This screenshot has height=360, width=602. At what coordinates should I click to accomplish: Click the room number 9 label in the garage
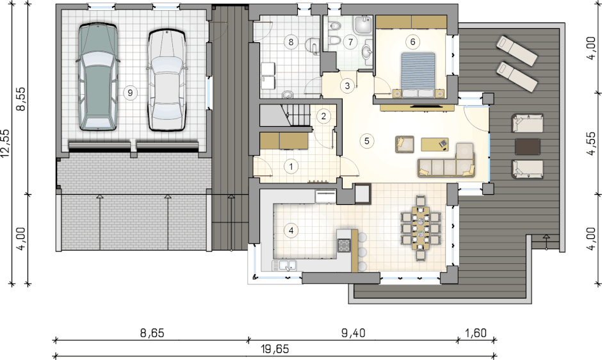pyautogui.click(x=130, y=93)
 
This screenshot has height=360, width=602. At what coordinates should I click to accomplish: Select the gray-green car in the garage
pyautogui.click(x=97, y=76)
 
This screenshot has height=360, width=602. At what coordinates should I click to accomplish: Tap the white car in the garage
pyautogui.click(x=167, y=80)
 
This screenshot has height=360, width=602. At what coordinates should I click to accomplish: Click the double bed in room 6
pyautogui.click(x=418, y=75)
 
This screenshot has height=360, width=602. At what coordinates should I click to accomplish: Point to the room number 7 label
pyautogui.click(x=350, y=42)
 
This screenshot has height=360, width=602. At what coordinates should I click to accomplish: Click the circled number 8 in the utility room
pyautogui.click(x=291, y=42)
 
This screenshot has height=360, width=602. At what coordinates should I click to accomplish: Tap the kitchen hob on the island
pyautogui.click(x=344, y=245)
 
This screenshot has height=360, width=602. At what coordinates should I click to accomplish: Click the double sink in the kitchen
pyautogui.click(x=284, y=265)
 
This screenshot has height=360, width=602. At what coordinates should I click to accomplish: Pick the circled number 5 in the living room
pyautogui.click(x=367, y=141)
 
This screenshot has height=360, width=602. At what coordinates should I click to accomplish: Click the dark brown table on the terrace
pyautogui.click(x=528, y=147)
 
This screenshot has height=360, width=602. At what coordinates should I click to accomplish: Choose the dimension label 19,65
pyautogui.click(x=275, y=349)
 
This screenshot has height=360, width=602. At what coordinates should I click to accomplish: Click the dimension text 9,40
pyautogui.click(x=354, y=332)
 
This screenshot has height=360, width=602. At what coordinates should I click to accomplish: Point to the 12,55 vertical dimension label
pyautogui.click(x=5, y=143)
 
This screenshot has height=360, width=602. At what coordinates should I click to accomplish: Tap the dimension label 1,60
pyautogui.click(x=476, y=332)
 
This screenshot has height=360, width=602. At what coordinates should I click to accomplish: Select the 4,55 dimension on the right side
pyautogui.click(x=592, y=143)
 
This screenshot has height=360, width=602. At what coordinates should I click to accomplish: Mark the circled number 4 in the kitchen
pyautogui.click(x=291, y=231)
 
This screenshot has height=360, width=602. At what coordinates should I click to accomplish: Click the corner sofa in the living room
pyautogui.click(x=447, y=161)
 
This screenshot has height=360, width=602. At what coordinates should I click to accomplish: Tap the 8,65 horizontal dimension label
pyautogui.click(x=152, y=332)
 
